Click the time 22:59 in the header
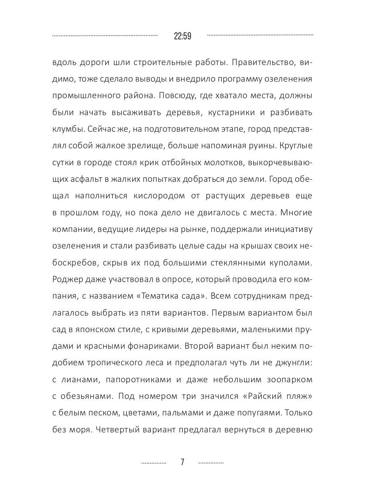tap(182, 36)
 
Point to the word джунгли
tap(291, 364)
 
